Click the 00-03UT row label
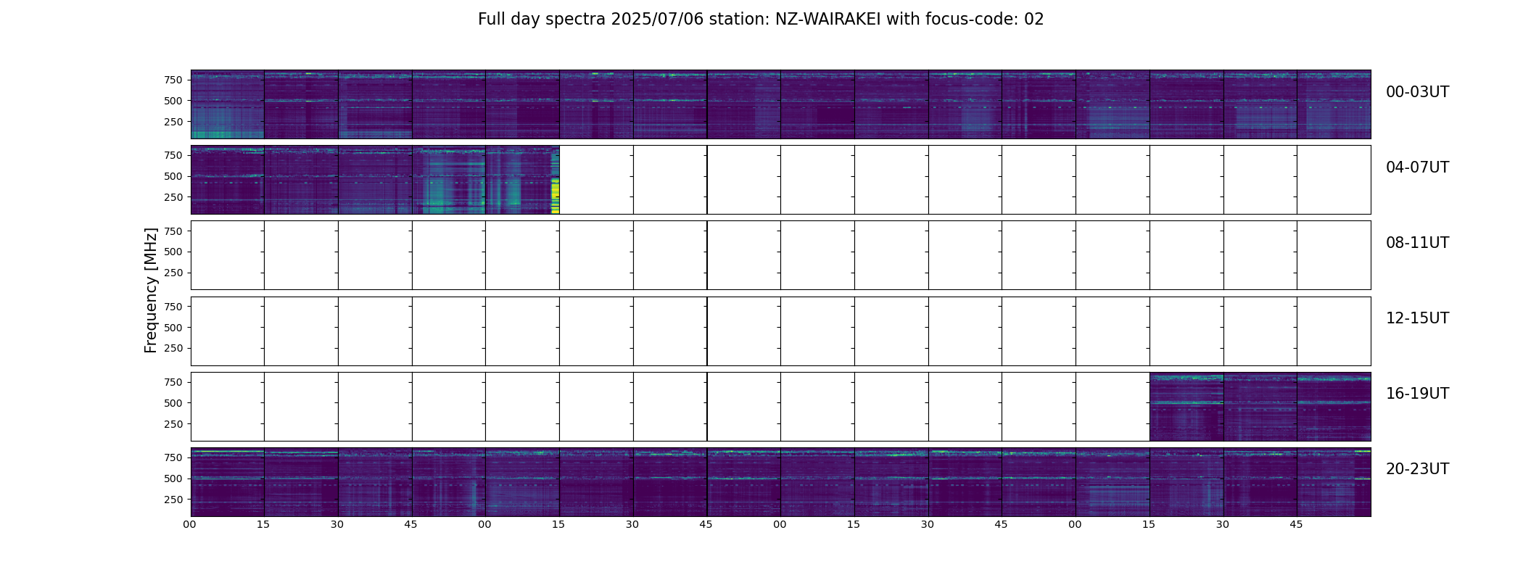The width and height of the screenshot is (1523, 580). point(1417,92)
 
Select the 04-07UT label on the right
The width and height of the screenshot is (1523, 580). point(1417,167)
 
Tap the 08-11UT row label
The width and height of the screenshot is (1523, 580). point(1417,243)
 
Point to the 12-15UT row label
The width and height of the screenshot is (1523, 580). point(1417,318)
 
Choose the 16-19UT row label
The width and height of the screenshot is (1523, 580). point(1417,394)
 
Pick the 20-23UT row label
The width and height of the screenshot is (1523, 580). point(1417,469)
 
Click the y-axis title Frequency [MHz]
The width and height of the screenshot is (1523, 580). point(151,291)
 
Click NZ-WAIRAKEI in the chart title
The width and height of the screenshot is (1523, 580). point(827,20)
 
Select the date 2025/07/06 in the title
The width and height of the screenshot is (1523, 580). point(657,20)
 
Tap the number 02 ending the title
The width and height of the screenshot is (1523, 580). point(1034,20)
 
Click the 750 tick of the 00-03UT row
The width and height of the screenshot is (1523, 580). point(173,80)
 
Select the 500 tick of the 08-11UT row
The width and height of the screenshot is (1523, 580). point(173,252)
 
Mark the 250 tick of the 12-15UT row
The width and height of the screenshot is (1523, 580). point(173,349)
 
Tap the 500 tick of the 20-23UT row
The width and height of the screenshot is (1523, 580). point(173,478)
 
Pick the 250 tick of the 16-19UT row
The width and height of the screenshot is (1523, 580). point(173,424)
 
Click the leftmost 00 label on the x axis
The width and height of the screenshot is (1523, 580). point(189,524)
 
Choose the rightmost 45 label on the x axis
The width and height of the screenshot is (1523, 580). point(1296,524)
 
